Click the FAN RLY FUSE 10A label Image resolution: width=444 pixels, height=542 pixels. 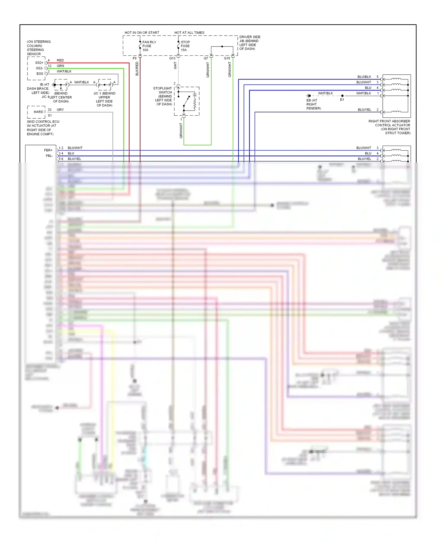[x=149, y=46]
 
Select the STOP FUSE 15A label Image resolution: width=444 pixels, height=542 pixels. [x=185, y=46]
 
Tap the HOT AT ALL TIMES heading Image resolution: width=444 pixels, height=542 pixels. [x=189, y=33]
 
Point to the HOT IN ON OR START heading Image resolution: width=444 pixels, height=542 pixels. [x=142, y=33]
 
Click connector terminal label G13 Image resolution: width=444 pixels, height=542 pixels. [x=172, y=58]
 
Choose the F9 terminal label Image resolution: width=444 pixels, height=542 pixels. [x=135, y=58]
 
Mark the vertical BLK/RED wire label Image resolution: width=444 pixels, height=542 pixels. [x=137, y=69]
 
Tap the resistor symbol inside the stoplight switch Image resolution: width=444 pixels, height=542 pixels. [x=195, y=102]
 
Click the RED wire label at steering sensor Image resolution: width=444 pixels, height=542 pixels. [x=60, y=60]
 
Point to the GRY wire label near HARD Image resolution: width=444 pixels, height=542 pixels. [x=60, y=110]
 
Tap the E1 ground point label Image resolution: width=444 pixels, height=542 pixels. [x=342, y=100]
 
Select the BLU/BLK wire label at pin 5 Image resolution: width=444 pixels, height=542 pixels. [x=364, y=77]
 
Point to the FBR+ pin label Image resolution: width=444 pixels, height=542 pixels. [x=48, y=150]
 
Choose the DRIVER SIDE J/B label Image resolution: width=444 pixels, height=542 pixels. [x=250, y=43]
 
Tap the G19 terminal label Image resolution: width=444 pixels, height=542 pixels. [x=227, y=58]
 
